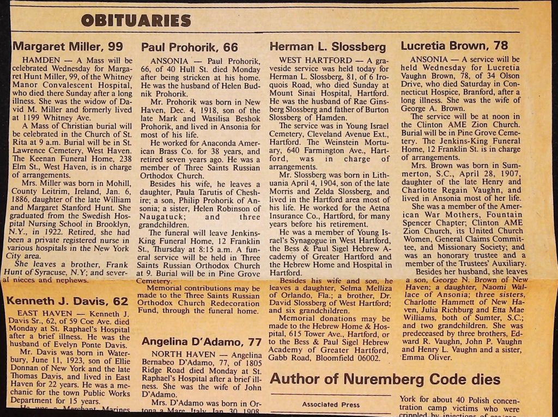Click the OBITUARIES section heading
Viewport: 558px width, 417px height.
[136, 21]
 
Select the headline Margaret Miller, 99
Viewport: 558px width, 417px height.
[68, 46]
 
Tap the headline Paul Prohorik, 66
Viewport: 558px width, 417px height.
[190, 47]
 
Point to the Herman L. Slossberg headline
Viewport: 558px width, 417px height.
[327, 47]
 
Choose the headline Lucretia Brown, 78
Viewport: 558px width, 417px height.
[454, 46]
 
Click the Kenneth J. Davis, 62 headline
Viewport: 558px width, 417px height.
[67, 301]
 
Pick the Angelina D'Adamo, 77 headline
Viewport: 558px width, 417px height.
[202, 342]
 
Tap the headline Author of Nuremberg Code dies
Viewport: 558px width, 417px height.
[385, 378]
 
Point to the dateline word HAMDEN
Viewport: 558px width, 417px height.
[39, 60]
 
